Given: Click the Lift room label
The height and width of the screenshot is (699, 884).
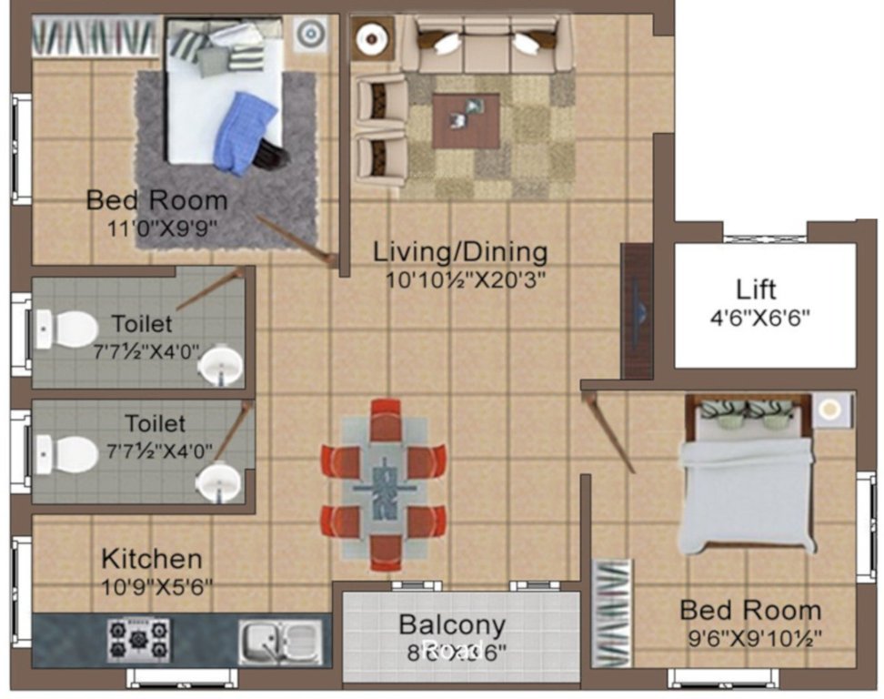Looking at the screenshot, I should (x=757, y=289).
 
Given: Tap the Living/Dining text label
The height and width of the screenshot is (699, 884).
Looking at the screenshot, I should (x=461, y=251).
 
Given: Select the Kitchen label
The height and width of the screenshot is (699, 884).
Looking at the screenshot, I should (x=151, y=558).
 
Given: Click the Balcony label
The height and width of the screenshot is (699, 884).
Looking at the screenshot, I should (x=452, y=625).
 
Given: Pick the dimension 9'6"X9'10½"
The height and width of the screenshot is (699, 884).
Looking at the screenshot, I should (x=750, y=638).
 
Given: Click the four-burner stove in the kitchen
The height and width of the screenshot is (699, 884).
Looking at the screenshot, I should (x=139, y=639).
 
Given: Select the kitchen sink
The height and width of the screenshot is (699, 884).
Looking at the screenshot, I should (x=280, y=639).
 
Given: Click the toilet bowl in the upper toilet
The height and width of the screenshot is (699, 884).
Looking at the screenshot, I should (x=69, y=329).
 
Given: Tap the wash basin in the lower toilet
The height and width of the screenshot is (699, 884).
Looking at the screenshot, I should (x=218, y=481).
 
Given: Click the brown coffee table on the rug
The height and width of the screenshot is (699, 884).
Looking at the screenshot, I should (x=466, y=120).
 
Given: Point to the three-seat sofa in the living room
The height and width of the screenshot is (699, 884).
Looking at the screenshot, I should (x=487, y=43).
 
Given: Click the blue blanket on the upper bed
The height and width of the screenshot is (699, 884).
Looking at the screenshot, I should (x=246, y=131).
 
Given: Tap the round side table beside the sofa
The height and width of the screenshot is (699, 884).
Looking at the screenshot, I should (x=371, y=38).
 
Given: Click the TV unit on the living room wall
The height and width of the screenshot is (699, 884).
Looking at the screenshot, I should (x=637, y=310).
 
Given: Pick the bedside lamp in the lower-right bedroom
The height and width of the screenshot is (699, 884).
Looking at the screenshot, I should (x=829, y=410).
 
